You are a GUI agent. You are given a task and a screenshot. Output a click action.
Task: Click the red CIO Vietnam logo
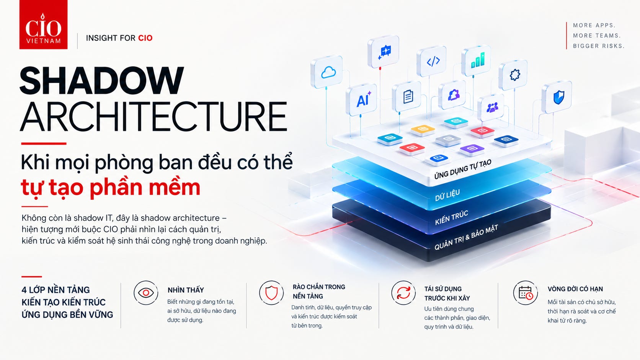[43, 24]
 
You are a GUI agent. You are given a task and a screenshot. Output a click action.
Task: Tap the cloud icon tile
[327, 72]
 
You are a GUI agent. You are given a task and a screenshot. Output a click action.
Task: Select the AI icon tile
[361, 99]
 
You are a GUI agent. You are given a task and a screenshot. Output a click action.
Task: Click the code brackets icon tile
[432, 61]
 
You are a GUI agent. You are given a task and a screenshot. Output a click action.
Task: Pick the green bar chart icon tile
[476, 60]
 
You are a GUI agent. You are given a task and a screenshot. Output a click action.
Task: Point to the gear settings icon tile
[513, 75]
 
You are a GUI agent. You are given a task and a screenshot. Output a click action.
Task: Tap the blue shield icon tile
[557, 97]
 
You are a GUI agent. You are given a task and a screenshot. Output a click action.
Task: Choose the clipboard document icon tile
[407, 96]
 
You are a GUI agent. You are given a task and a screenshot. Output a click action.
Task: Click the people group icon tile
[491, 108]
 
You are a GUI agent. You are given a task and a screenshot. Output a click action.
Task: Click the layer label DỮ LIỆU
[447, 195]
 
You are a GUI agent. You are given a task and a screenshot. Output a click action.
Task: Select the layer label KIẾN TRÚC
[451, 218]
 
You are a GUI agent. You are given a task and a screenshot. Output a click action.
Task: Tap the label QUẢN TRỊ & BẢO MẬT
[466, 237]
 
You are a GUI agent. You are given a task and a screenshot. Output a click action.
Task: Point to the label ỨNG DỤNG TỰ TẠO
[463, 169]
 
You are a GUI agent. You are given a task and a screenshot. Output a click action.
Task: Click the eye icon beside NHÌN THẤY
[146, 293]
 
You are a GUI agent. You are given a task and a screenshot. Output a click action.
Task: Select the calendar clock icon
[525, 293]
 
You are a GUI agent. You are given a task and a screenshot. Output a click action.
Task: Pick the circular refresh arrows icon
[403, 293]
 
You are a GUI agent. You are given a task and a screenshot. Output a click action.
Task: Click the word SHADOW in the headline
[102, 80]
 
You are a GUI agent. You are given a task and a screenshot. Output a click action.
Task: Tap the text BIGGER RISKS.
[599, 46]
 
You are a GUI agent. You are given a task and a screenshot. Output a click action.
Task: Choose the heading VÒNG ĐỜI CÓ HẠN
[575, 289]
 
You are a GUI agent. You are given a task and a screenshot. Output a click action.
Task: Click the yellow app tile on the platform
[423, 130]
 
